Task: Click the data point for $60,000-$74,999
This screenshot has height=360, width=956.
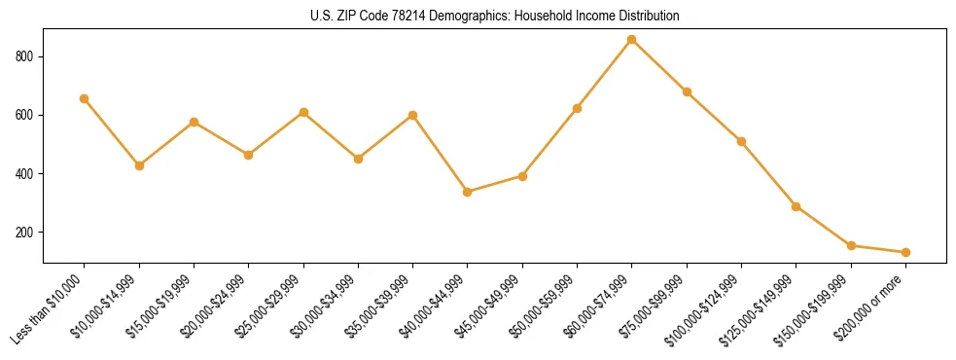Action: (x=632, y=40)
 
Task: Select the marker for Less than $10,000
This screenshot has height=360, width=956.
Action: (x=85, y=98)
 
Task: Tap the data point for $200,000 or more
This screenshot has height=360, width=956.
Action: (x=905, y=252)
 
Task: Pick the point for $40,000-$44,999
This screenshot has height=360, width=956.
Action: (x=468, y=192)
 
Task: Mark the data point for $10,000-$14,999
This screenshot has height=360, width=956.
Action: (x=139, y=165)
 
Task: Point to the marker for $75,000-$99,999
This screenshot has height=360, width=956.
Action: (x=687, y=91)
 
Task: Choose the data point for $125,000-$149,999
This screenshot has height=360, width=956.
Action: (x=797, y=206)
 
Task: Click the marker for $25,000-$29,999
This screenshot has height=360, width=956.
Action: (x=303, y=113)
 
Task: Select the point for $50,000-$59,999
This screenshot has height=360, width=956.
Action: (x=578, y=108)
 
